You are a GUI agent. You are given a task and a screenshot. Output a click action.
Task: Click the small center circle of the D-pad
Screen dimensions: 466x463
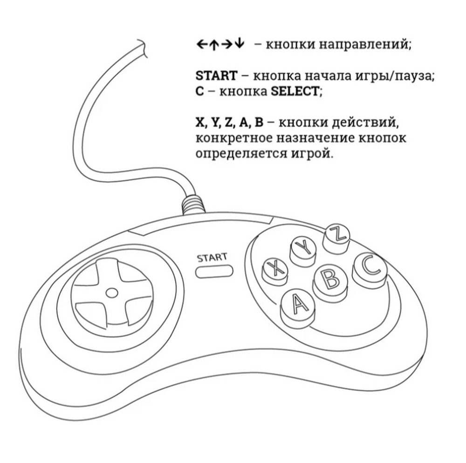coord(111,293)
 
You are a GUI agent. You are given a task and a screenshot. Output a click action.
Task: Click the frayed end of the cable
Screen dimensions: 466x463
coord(141,47)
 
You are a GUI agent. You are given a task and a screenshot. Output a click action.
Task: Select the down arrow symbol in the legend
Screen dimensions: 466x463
coord(239,45)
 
